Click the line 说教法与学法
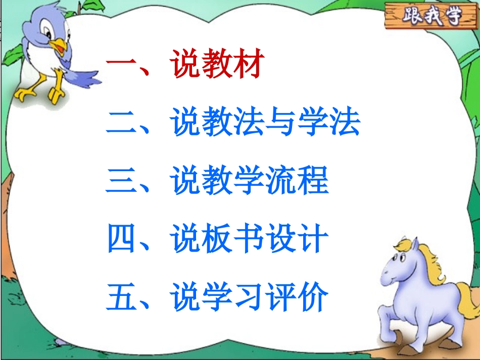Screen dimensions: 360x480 pos(265,124)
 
